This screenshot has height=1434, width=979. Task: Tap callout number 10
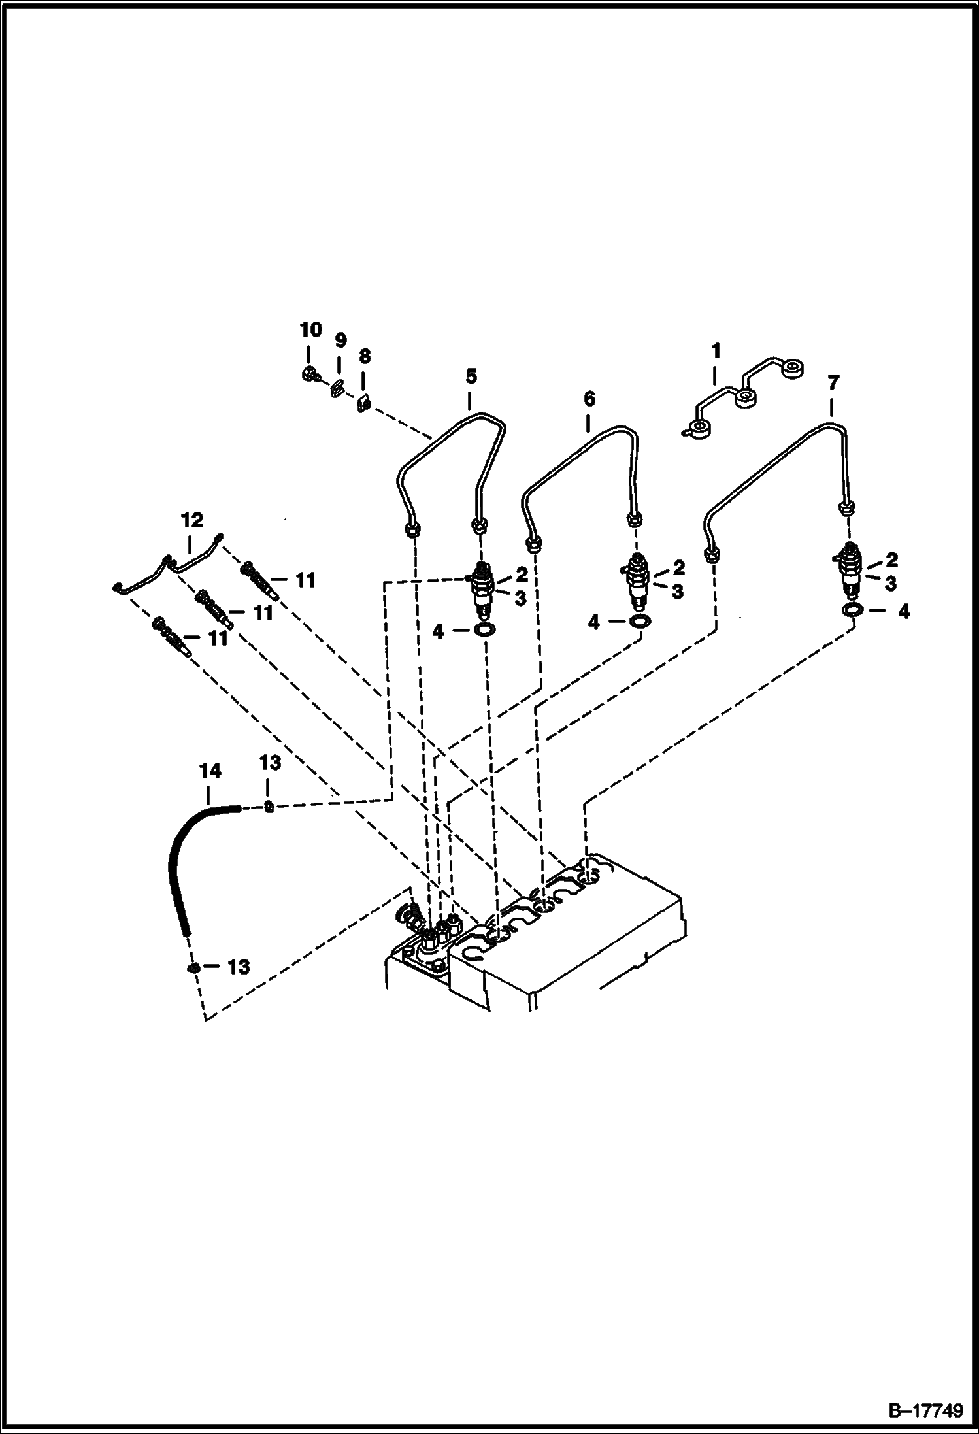(311, 330)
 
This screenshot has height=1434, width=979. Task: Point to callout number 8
(365, 356)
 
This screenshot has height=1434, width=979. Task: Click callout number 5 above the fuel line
(471, 376)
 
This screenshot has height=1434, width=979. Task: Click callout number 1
(716, 351)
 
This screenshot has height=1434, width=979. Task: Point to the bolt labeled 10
(310, 375)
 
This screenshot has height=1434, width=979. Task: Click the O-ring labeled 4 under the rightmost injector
(852, 610)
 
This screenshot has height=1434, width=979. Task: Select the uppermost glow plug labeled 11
(261, 579)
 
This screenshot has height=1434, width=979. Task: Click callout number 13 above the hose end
(271, 762)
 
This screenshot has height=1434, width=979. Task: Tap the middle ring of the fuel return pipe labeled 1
(744, 397)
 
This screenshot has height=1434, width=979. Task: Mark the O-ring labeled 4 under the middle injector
(640, 620)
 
